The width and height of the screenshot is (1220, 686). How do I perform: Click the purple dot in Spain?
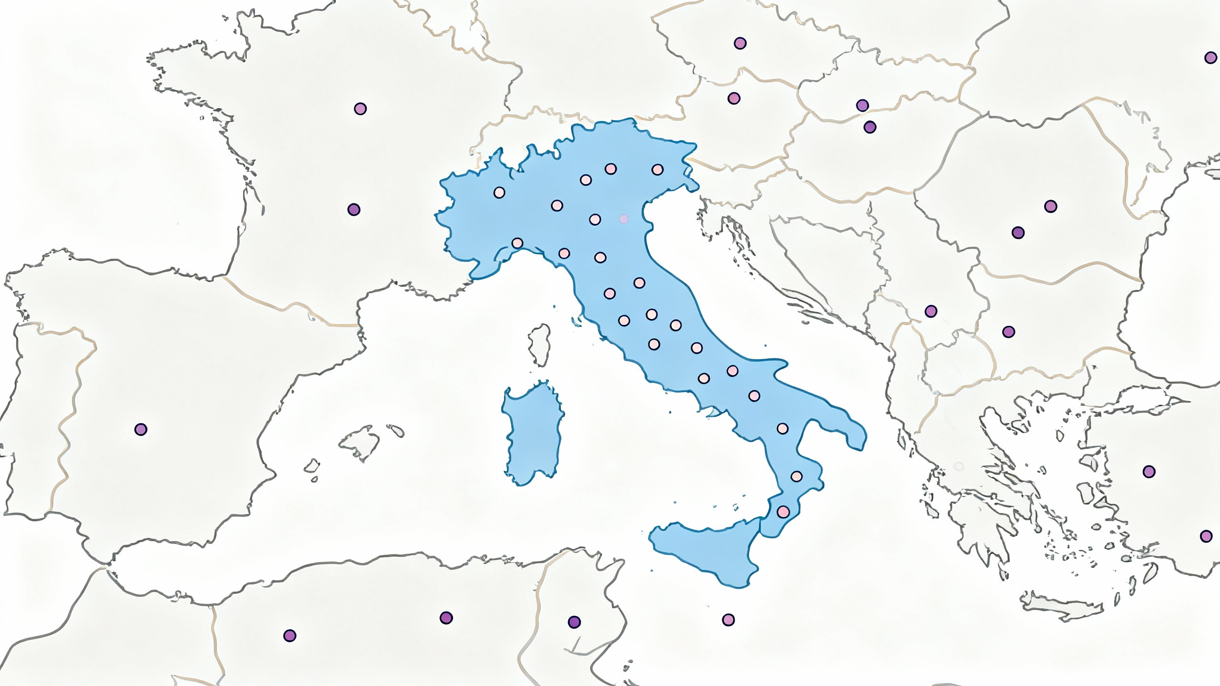pyautogui.click(x=141, y=429)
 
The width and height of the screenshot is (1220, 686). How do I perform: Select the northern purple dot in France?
pyautogui.click(x=360, y=109)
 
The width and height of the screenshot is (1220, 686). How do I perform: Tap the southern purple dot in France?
pyautogui.click(x=354, y=210)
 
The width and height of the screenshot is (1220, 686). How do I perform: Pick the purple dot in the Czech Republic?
pyautogui.click(x=740, y=43)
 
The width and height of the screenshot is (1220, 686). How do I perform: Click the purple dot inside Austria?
pyautogui.click(x=734, y=99)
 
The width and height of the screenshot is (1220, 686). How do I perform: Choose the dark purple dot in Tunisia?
pyautogui.click(x=574, y=622)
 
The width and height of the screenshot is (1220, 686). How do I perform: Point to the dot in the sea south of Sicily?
pyautogui.click(x=728, y=620)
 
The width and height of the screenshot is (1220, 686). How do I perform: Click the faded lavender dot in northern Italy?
pyautogui.click(x=623, y=219)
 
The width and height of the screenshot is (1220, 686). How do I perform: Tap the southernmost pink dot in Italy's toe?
pyautogui.click(x=783, y=512)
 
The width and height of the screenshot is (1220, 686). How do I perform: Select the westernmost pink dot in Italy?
pyautogui.click(x=499, y=192)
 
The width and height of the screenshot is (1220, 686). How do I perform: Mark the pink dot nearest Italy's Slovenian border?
pyautogui.click(x=657, y=169)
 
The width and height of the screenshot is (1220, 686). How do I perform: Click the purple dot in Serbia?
pyautogui.click(x=931, y=311)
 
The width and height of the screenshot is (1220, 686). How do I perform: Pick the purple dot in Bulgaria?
pyautogui.click(x=1008, y=332)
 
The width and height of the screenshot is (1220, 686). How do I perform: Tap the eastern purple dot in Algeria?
pyautogui.click(x=446, y=618)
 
